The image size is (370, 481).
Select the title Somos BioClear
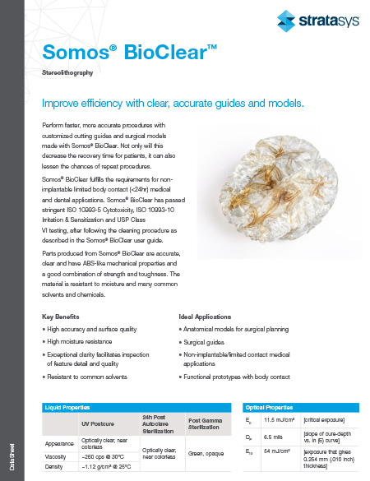pos(129,54)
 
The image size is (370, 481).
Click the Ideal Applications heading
pos(206,317)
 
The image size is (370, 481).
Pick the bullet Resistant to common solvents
pos(86,377)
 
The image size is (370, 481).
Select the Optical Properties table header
pos(269,407)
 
